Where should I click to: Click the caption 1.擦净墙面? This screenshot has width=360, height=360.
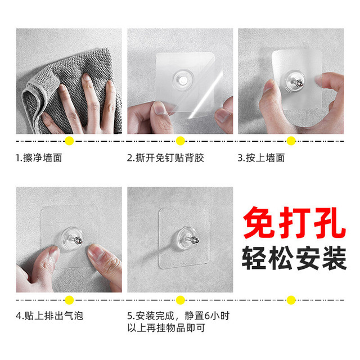pos(39,158)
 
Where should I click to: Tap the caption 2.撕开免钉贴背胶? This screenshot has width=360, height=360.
pos(165,158)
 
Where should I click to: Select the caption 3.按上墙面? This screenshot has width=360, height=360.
pos(261,158)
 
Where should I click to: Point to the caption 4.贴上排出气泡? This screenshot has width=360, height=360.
pos(49,316)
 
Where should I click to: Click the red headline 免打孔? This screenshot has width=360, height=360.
pos(294,223)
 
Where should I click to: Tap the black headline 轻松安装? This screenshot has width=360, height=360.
pos(294,258)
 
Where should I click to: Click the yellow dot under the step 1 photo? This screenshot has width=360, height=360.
pos(69,141)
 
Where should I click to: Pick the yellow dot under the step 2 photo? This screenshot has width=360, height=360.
pos(180,141)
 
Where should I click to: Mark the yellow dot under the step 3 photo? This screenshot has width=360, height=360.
pos(291,141)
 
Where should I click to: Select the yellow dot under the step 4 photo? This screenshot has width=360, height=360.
pos(69,300)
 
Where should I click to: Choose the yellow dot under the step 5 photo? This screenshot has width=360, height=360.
pos(180,300)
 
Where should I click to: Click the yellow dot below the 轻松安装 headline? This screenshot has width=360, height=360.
pos(291,300)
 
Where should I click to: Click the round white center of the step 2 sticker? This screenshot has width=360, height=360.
pos(183,80)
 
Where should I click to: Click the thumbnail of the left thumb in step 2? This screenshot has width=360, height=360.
pos(160,109)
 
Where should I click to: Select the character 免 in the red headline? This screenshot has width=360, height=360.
pos(259,223)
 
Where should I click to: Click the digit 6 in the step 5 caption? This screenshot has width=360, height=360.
pos(208,316)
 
